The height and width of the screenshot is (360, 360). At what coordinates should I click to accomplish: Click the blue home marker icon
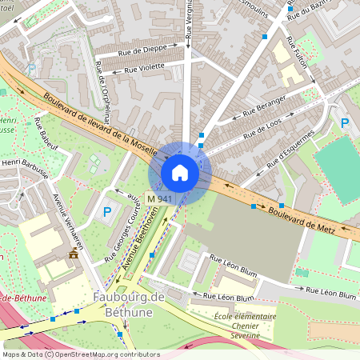(x=180, y=173)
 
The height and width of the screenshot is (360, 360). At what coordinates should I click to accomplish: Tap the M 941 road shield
(x=160, y=198)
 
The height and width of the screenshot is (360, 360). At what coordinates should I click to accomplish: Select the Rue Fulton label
(x=297, y=62)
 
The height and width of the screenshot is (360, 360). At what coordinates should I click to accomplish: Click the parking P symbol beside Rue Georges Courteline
(x=106, y=212)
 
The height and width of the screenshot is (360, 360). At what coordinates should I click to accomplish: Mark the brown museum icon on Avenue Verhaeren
(x=74, y=254)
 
